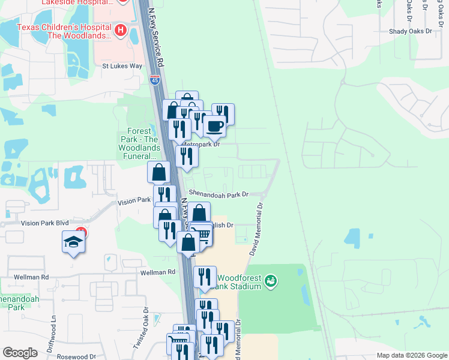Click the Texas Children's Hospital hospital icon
point(121,30)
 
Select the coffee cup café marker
point(214,126)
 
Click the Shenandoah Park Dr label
point(218,194)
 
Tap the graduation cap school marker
point(73,242)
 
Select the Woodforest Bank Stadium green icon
point(271,280)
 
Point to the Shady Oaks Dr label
point(411,31)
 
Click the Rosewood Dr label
point(75,356)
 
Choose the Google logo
point(20,353)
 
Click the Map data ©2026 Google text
point(411,355)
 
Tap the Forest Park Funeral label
point(142,144)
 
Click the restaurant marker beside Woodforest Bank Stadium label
point(205,277)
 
